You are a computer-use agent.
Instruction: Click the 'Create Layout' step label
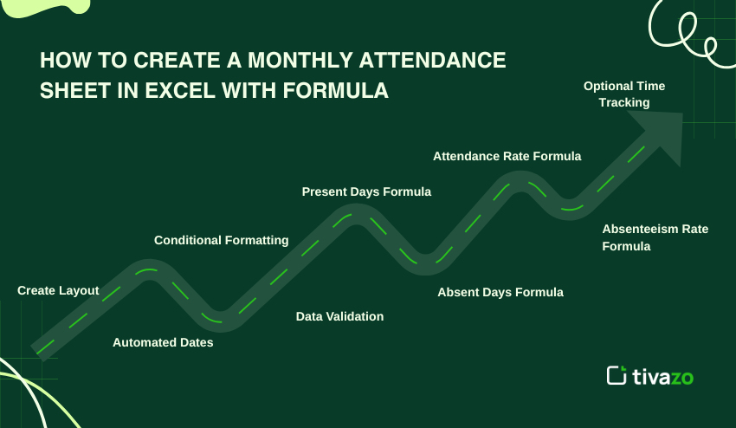tap(58, 290)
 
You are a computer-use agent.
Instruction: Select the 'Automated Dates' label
tap(163, 342)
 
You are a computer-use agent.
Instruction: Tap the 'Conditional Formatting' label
tap(221, 240)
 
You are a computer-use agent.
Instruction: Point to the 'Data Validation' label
tap(339, 316)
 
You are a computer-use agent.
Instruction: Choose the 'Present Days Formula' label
tap(366, 191)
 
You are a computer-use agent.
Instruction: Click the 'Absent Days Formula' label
tap(500, 292)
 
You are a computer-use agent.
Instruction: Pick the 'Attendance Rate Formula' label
tap(507, 156)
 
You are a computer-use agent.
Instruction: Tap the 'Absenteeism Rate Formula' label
tap(655, 237)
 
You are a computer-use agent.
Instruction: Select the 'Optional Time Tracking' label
tap(624, 94)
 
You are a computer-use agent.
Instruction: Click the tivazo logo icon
tap(617, 375)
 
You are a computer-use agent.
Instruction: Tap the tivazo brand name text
tap(662, 376)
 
